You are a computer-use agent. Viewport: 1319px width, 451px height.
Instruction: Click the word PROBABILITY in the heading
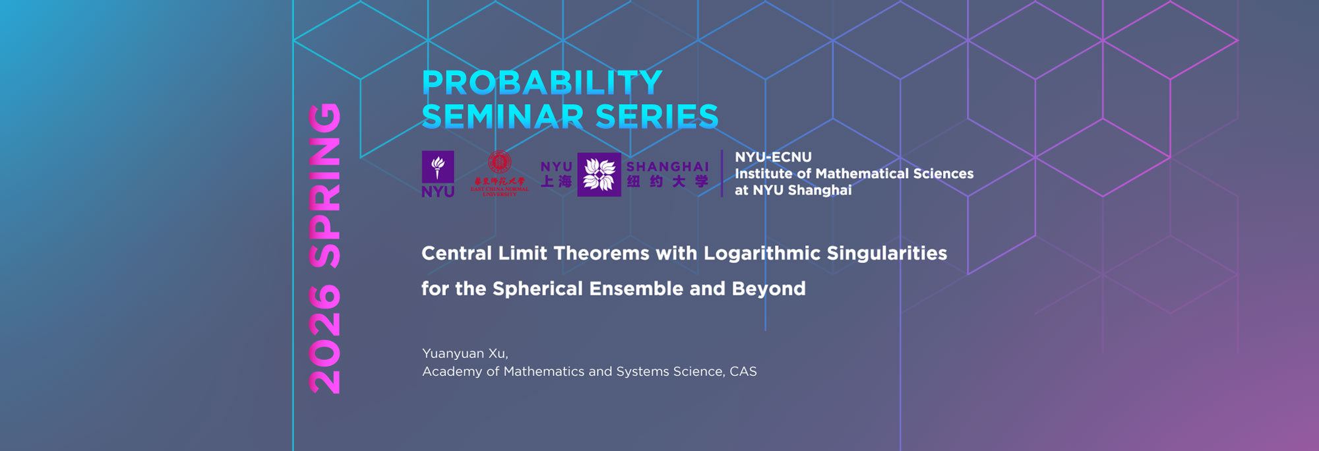(541, 83)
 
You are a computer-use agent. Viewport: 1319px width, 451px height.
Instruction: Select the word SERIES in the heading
(657, 117)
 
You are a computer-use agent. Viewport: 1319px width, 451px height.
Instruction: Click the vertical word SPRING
(325, 185)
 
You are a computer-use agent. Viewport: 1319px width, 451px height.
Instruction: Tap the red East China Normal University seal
(499, 162)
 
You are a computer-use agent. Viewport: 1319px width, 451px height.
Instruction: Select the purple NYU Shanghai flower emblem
(599, 175)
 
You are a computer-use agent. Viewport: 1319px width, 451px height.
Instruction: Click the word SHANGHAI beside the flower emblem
(667, 167)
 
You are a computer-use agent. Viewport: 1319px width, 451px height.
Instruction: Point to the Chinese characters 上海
(556, 181)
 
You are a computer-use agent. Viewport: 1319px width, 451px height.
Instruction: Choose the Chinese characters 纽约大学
(667, 181)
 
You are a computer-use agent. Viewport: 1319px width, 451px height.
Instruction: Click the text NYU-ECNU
(773, 157)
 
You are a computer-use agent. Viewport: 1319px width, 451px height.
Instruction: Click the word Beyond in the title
(768, 289)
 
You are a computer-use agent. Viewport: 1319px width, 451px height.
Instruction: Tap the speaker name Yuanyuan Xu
(464, 353)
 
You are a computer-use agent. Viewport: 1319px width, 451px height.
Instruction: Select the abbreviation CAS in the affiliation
(743, 371)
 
